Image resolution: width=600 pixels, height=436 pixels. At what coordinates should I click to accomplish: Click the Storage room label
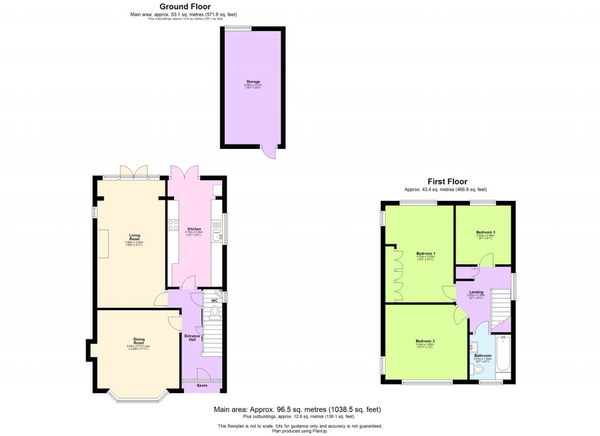253,81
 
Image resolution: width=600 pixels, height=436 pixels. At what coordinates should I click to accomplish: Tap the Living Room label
135,237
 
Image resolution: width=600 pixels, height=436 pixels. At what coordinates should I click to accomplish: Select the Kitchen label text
194,229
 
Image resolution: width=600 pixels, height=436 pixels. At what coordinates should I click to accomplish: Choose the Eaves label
202,386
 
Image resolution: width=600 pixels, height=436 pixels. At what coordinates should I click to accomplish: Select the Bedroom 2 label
425,340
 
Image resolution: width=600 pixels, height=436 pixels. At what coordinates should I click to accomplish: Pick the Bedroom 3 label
485,232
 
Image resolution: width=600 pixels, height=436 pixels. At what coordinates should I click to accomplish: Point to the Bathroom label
483,356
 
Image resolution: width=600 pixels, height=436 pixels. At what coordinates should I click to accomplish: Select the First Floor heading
446,182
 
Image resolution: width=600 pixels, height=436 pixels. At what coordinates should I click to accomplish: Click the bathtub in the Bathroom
503,355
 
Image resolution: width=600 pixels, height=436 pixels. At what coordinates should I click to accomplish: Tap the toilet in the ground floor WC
214,311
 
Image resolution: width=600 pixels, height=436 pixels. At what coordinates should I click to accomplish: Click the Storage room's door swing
269,151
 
